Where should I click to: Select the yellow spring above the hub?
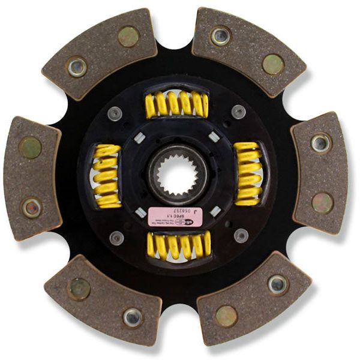click(176, 104)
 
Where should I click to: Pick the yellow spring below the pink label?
click(178, 244)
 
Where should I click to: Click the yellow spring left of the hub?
click(106, 176)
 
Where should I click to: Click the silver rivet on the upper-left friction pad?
click(77, 66)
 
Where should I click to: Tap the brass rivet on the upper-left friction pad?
click(128, 37)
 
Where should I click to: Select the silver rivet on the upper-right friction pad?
click(220, 35)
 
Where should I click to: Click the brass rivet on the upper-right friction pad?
click(273, 64)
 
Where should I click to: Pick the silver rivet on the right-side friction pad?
click(320, 143)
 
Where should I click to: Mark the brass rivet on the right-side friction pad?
click(322, 202)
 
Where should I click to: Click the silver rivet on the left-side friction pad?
click(31, 208)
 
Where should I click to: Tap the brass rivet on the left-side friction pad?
click(29, 147)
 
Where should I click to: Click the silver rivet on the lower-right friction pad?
click(277, 284)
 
